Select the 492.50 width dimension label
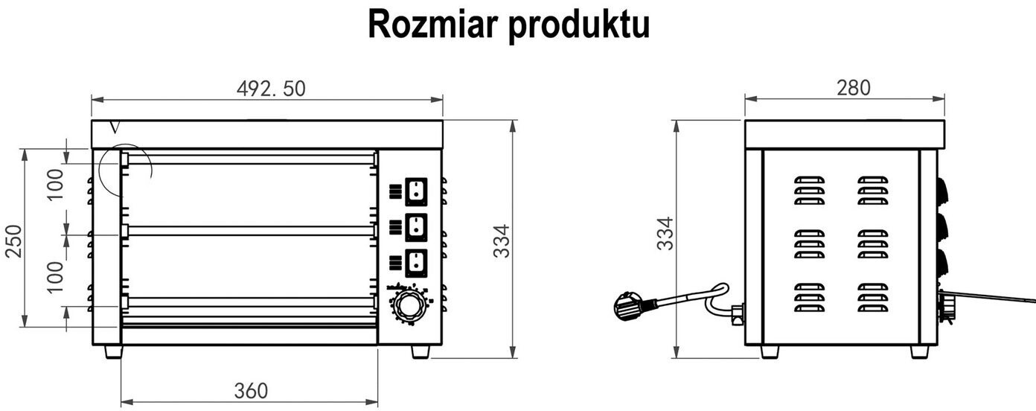pos(271,89)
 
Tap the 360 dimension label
pos(251,390)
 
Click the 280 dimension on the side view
pos(853,88)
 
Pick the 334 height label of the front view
pos(503,240)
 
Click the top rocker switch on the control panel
pos(415,192)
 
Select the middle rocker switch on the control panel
pos(415,227)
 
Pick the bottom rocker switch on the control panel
pos(415,263)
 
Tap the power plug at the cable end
pos(630,304)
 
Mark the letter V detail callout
pos(114,128)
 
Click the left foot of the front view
pos(113,351)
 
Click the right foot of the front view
pos(421,351)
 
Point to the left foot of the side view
pos(770,351)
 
